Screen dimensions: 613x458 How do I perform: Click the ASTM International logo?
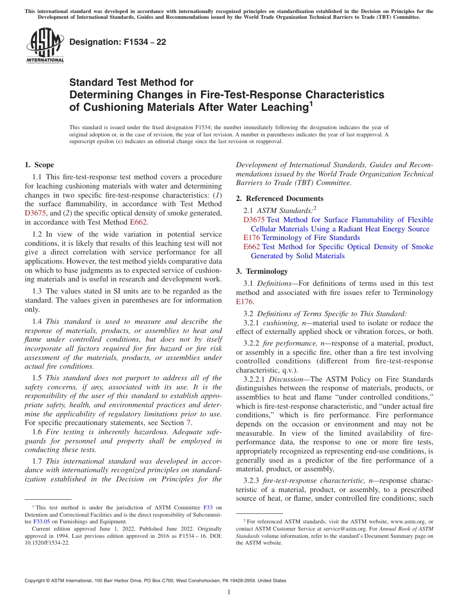pyautogui.click(x=45, y=46)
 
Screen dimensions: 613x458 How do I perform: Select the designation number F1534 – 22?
pyautogui.click(x=118, y=42)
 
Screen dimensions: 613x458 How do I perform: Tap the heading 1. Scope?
pyautogui.click(x=40, y=165)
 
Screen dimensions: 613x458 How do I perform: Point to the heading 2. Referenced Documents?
pyautogui.click(x=280, y=199)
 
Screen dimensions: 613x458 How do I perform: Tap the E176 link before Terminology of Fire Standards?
pyautogui.click(x=252, y=238)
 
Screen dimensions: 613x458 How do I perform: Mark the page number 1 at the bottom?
pyautogui.click(x=229, y=592)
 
